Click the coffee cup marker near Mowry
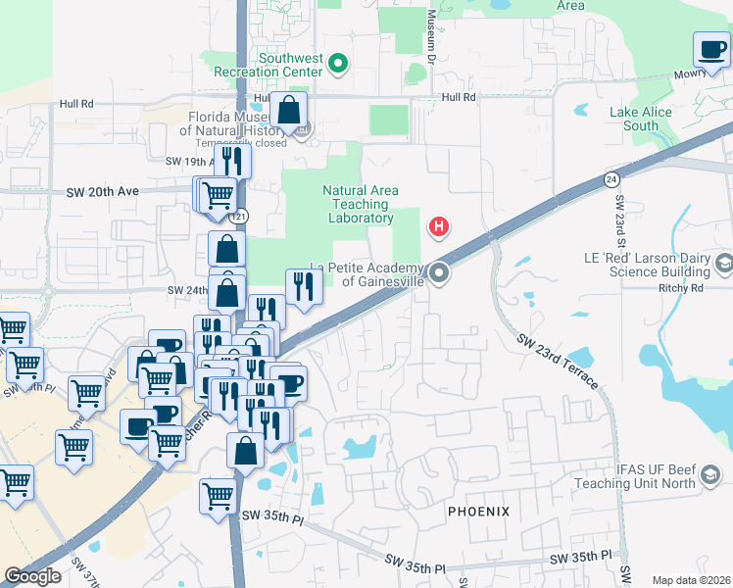(711, 49)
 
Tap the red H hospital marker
(439, 228)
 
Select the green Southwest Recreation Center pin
(339, 66)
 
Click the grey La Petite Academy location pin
(439, 273)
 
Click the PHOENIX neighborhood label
(479, 512)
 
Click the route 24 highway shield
(611, 179)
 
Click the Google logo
(32, 576)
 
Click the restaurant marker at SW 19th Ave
(232, 159)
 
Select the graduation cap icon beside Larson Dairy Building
(723, 263)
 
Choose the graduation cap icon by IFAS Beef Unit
(709, 477)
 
